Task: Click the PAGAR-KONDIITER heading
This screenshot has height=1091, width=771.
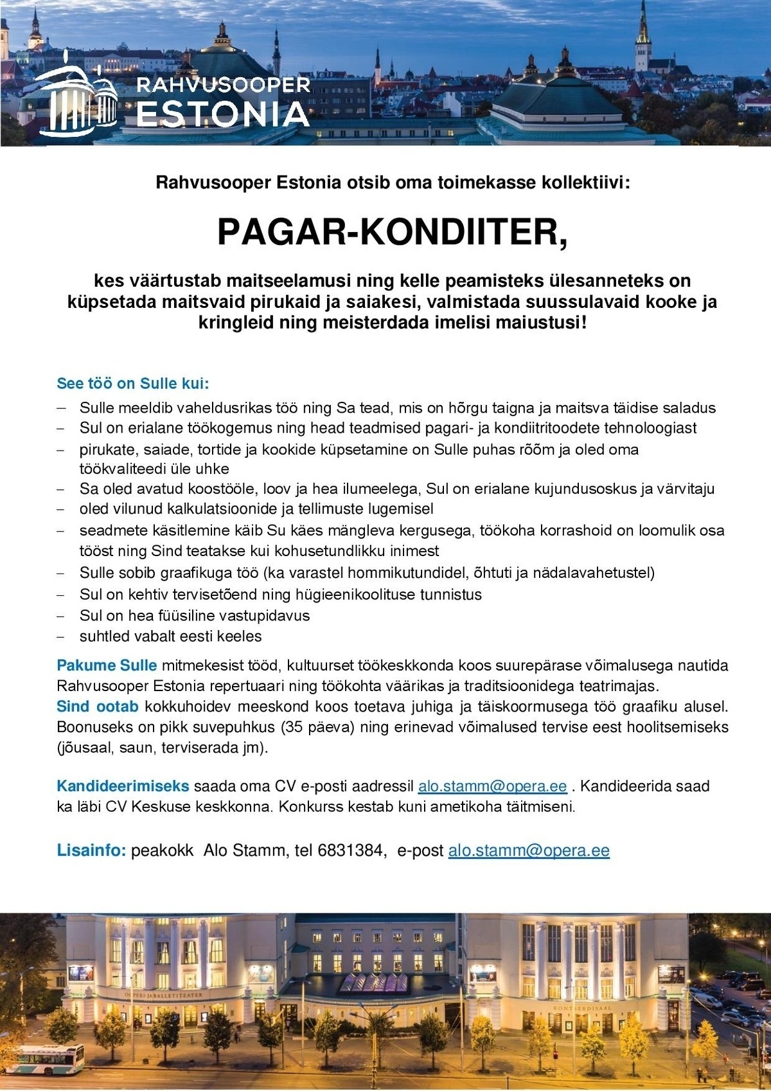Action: [393, 232]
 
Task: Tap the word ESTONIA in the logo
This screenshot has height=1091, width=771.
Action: [223, 114]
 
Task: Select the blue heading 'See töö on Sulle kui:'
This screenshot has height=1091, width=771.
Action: [133, 384]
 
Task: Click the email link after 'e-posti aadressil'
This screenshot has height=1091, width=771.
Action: [492, 786]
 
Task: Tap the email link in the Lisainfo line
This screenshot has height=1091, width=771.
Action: [528, 851]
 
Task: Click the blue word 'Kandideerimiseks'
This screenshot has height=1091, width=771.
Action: [123, 786]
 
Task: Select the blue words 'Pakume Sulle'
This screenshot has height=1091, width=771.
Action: [107, 665]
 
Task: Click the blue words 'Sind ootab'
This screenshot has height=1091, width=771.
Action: [97, 707]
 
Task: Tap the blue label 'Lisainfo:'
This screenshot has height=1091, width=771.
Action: [91, 851]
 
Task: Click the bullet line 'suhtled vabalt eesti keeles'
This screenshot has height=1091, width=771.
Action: [170, 636]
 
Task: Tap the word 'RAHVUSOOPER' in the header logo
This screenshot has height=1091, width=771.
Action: [223, 85]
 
